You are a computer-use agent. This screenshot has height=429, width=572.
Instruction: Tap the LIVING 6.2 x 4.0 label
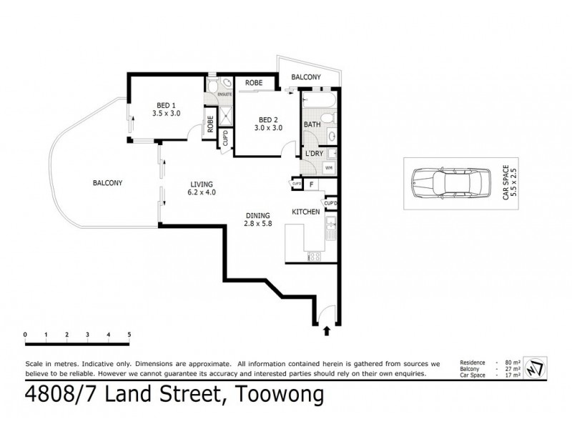tap(201, 187)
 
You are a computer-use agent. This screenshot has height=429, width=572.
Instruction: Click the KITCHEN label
tap(304, 212)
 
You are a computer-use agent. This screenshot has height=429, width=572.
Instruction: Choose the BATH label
tap(312, 125)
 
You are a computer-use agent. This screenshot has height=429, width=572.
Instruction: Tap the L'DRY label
tap(314, 154)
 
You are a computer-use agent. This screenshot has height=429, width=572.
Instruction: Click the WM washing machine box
tap(329, 168)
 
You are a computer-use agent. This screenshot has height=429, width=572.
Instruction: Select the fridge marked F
tap(312, 184)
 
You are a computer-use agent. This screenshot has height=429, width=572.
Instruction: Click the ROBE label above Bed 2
tap(253, 83)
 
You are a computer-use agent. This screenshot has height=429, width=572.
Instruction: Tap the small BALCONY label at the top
tap(305, 77)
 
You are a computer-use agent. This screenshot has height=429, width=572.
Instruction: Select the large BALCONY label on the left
tap(107, 183)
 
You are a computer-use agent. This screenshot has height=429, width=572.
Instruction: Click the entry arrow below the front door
tap(327, 330)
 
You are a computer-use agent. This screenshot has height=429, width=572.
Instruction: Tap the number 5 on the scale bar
tap(129, 335)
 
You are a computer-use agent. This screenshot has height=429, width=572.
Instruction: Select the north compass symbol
tap(533, 368)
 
